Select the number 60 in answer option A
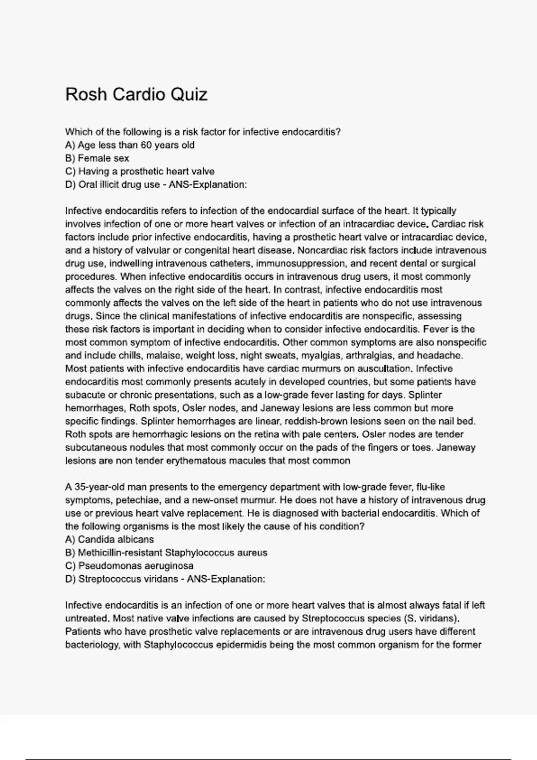coord(147,145)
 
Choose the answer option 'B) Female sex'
coord(97,158)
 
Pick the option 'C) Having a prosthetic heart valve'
coord(140,171)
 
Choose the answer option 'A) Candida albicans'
coord(110,540)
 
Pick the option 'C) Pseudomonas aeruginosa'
coord(129,566)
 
